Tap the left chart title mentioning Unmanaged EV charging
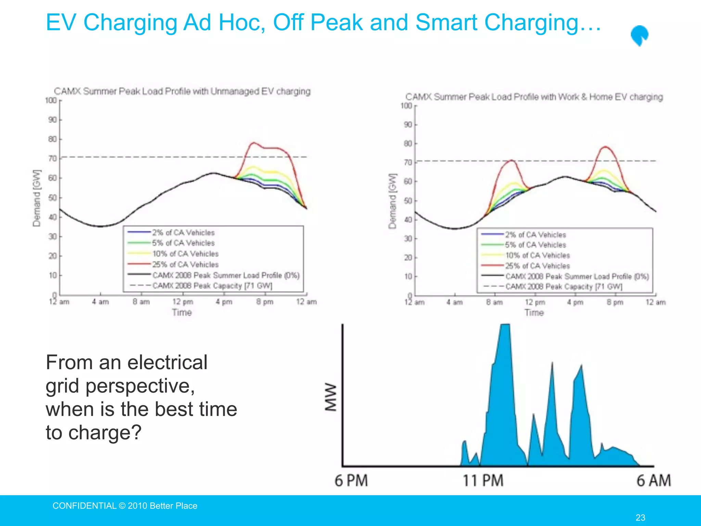click(182, 91)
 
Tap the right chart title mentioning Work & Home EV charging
click(534, 97)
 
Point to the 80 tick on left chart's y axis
click(53, 139)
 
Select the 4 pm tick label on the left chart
click(224, 302)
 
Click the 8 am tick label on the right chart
click(495, 302)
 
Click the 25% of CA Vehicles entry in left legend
click(185, 264)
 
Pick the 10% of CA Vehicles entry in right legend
click(537, 255)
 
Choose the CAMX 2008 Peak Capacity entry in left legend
click(212, 286)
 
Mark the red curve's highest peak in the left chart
click(254, 143)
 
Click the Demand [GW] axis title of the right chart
click(392, 201)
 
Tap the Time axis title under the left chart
click(182, 312)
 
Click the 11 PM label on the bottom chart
click(483, 480)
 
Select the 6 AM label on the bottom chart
click(653, 480)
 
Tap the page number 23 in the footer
click(640, 517)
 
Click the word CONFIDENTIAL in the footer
click(84, 506)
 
